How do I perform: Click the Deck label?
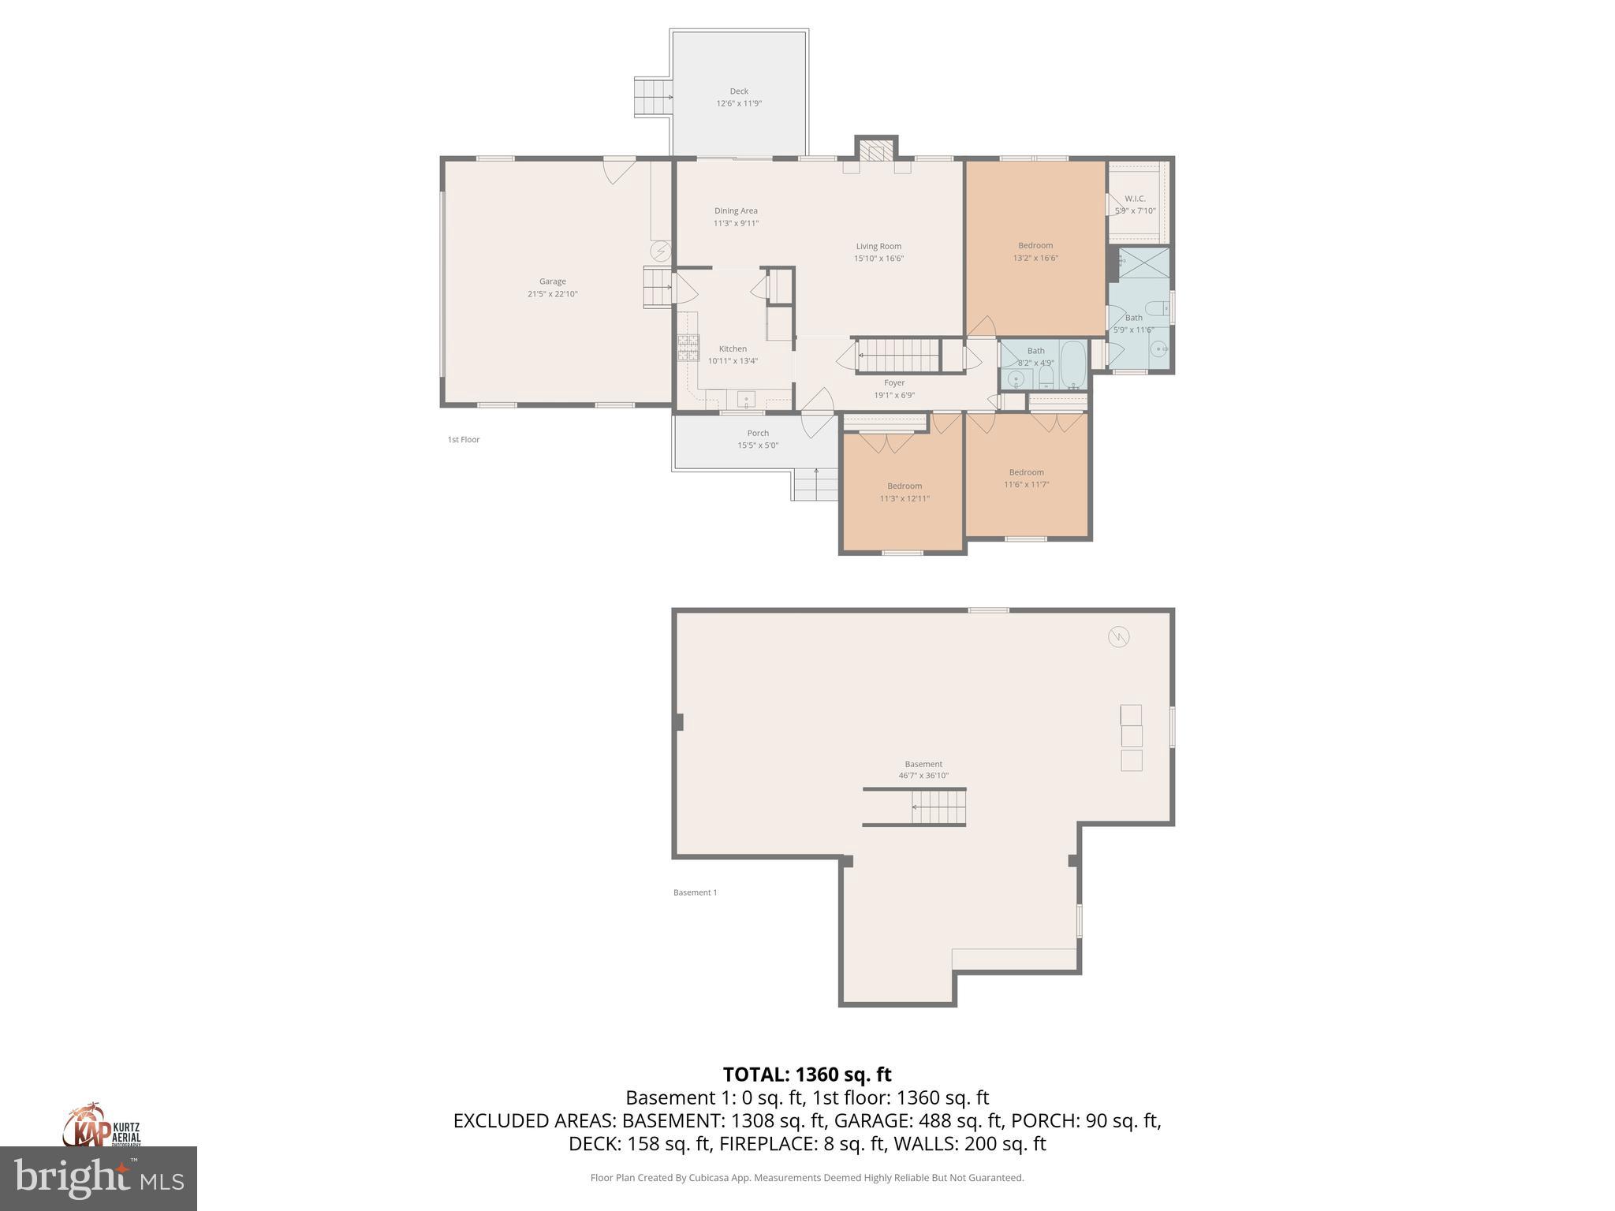(738, 91)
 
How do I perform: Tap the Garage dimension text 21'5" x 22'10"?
(552, 294)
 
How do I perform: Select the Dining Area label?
(736, 211)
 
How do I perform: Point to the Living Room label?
(878, 246)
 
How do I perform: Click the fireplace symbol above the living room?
(875, 150)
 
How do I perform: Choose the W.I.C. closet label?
(1135, 199)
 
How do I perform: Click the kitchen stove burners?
(688, 348)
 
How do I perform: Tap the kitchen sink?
(746, 399)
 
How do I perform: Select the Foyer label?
(894, 383)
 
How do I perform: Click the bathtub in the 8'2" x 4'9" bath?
(1072, 365)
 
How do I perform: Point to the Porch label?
(758, 433)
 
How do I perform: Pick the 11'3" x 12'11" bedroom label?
(904, 486)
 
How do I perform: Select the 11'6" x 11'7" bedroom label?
(1026, 472)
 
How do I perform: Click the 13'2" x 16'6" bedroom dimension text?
(1035, 258)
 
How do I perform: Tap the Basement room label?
(923, 764)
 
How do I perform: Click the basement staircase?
(938, 807)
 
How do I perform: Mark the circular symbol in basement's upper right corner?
(1118, 636)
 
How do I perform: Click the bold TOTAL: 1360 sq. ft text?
(807, 1075)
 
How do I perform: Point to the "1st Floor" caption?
(464, 440)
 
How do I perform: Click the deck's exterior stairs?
(652, 97)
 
